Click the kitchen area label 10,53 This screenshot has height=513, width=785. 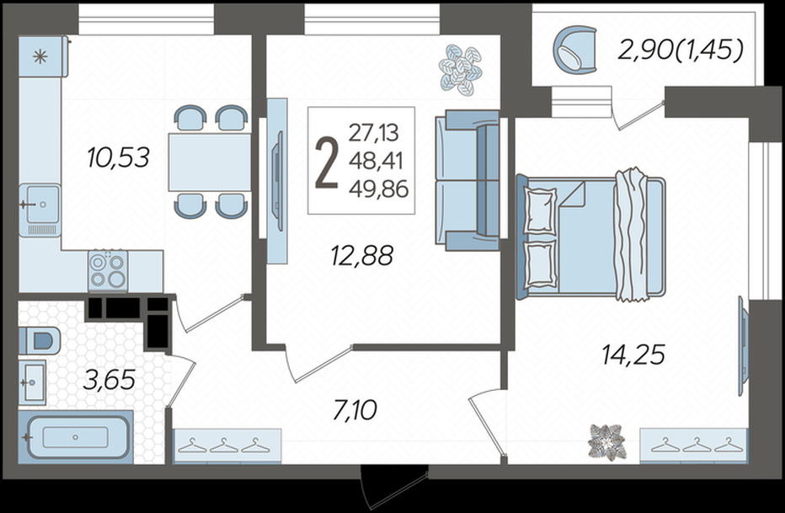[118, 158]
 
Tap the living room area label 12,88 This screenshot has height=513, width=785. [362, 255]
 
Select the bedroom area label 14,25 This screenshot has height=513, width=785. [633, 355]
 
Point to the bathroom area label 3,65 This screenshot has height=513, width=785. [109, 381]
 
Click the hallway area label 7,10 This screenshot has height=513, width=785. [355, 410]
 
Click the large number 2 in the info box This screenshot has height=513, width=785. [327, 163]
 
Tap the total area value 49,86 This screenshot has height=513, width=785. [379, 190]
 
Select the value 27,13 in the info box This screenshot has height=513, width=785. [374, 133]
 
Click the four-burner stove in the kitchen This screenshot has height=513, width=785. [108, 270]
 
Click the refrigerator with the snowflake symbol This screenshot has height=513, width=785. [43, 56]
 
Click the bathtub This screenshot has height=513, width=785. [76, 437]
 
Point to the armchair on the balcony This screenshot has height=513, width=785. [575, 50]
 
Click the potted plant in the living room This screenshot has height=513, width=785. [461, 69]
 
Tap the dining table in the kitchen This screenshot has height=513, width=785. [210, 163]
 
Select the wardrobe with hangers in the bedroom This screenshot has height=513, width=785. [694, 446]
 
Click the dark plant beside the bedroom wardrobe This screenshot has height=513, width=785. [606, 441]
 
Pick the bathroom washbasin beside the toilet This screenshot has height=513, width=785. [33, 382]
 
